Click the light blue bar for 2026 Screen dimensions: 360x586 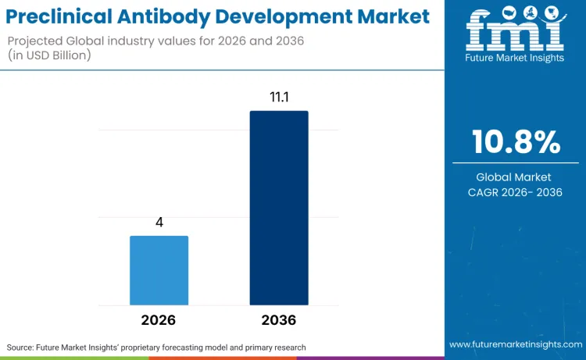tap(159, 270)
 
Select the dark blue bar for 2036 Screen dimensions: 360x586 tap(279, 208)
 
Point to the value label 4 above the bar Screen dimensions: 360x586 tap(159, 222)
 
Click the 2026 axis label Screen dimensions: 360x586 tap(159, 320)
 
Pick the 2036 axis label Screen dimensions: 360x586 tap(279, 320)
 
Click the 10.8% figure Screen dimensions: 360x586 tap(516, 142)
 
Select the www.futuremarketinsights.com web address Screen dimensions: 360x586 tap(515, 344)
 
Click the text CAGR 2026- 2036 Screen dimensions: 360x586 tap(516, 192)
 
